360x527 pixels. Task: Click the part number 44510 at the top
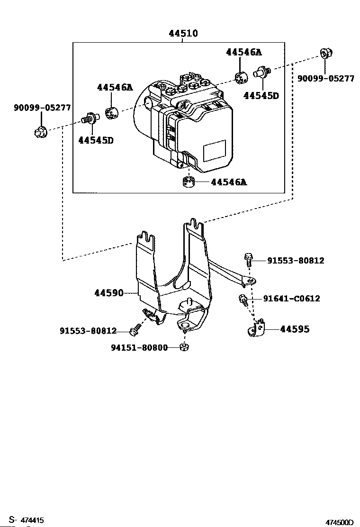click(x=183, y=33)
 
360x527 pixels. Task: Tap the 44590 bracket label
click(x=109, y=293)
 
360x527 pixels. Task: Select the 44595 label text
click(x=295, y=329)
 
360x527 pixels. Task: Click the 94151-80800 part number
click(x=139, y=347)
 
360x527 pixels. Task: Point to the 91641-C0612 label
click(x=291, y=299)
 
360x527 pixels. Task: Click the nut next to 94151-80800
click(x=184, y=347)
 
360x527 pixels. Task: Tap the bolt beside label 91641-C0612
click(x=243, y=299)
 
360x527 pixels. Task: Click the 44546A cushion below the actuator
click(x=189, y=182)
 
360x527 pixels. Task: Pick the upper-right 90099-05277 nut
click(x=325, y=53)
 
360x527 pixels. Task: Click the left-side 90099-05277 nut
click(x=40, y=131)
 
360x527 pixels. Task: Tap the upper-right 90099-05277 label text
click(x=326, y=79)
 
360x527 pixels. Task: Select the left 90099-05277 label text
click(x=42, y=108)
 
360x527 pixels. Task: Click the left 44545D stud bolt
click(x=90, y=118)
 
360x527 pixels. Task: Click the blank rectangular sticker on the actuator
click(x=215, y=151)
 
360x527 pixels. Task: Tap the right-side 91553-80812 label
click(x=296, y=261)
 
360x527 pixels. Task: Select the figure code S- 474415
click(x=26, y=520)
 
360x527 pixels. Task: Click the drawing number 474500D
click(x=340, y=522)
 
